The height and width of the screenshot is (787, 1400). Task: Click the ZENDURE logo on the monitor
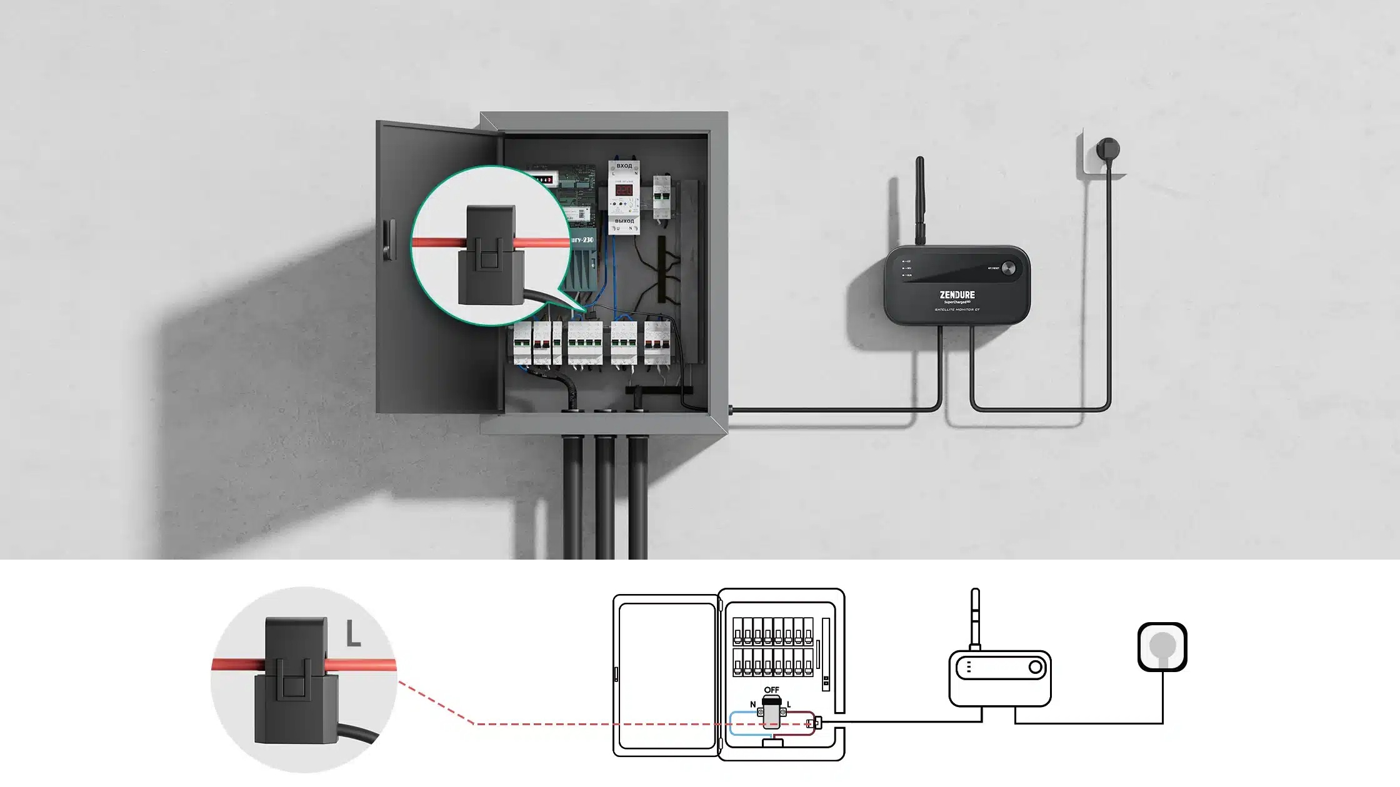(957, 295)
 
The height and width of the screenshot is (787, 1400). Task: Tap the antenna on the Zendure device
(919, 200)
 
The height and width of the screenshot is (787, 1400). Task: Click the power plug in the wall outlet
(1108, 150)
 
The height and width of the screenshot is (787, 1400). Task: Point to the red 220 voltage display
(624, 190)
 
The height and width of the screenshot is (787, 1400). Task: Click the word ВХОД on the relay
(624, 166)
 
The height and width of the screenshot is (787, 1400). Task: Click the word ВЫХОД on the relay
(624, 221)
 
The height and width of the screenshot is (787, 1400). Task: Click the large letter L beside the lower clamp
(354, 634)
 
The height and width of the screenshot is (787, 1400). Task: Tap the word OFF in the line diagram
(771, 690)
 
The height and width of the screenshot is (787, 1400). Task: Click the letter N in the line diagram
(752, 705)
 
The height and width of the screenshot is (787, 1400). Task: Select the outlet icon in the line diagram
(1162, 647)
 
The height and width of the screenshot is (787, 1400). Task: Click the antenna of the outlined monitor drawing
(974, 618)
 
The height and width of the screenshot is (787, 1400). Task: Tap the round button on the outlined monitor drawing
(1035, 667)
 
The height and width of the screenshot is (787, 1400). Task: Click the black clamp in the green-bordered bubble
(491, 256)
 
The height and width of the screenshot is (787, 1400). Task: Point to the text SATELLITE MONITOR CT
(957, 310)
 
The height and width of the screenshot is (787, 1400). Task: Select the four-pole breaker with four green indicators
(585, 342)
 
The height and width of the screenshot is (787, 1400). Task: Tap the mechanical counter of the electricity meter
(541, 180)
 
